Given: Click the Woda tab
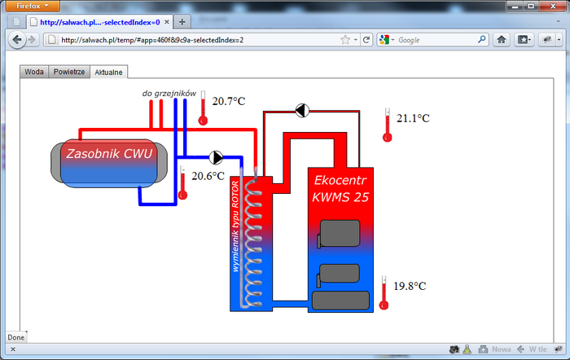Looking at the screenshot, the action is pos(34,72).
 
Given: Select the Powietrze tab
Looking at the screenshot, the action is pos(69,72).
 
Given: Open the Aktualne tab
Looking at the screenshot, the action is pos(108,72).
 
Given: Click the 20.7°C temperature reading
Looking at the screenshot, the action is pos(229,101).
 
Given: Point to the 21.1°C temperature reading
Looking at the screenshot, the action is pos(413,118).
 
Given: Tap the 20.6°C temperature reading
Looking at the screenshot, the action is pos(208,176).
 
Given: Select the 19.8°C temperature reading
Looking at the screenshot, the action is pos(410,286).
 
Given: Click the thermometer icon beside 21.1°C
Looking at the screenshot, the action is pos(388,125).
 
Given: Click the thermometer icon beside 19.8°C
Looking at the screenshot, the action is pos(384,292).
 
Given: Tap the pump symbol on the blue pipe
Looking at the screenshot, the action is pos(216,157).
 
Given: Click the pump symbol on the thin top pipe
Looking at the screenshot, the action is pos(302,111).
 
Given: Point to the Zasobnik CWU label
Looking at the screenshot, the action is pos(109,153).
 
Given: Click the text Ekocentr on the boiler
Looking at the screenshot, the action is pos(340,180).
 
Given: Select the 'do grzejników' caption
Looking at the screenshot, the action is pos(169,94).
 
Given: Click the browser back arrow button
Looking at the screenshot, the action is pos(17,40).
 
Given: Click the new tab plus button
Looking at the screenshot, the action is pos(182,22).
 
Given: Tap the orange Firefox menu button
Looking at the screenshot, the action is pos(33,6).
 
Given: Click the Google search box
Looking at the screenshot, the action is pos(432,40).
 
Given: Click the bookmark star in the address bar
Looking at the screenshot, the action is pos(345,40).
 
